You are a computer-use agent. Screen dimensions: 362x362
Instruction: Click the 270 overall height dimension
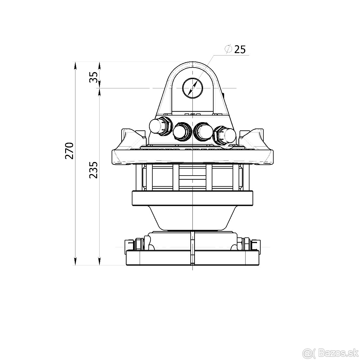pos(69,151)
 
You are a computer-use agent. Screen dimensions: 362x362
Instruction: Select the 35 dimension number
pos(94,77)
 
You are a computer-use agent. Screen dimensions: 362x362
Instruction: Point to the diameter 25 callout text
pos(235,49)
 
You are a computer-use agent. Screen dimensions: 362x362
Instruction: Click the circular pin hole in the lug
pos(192,88)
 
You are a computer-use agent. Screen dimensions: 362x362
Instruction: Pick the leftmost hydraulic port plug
pos(161,126)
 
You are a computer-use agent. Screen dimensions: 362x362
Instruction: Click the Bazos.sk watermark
pos(341,354)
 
